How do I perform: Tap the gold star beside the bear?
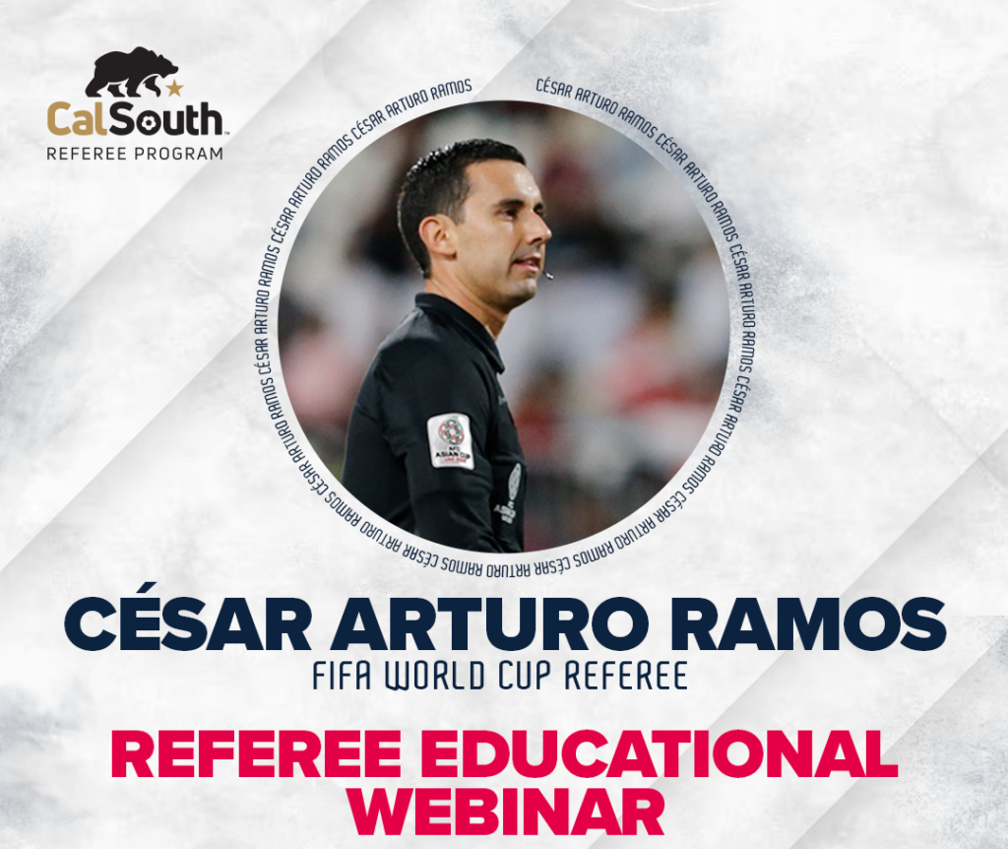(x=174, y=88)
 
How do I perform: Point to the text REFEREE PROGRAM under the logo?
(x=134, y=155)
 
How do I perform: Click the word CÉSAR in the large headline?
(x=188, y=624)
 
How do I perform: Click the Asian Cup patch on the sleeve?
(x=451, y=440)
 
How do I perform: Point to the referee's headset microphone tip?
(x=547, y=275)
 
